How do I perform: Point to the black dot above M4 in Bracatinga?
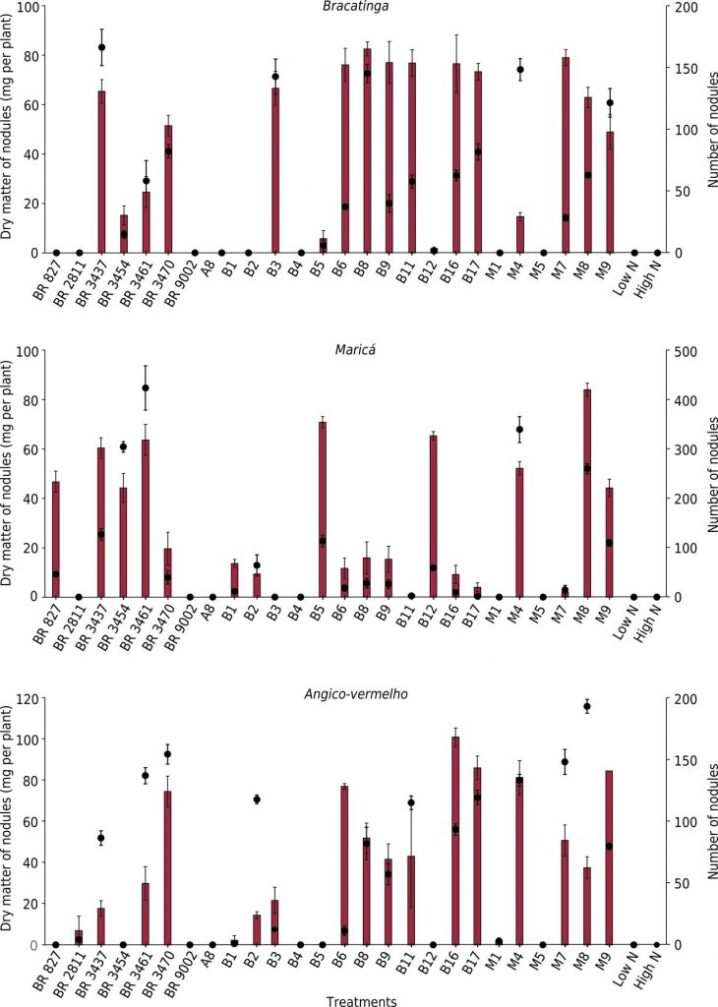click(x=520, y=70)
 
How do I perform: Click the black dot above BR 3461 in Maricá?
click(x=146, y=388)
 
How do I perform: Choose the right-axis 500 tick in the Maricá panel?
click(x=683, y=351)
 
